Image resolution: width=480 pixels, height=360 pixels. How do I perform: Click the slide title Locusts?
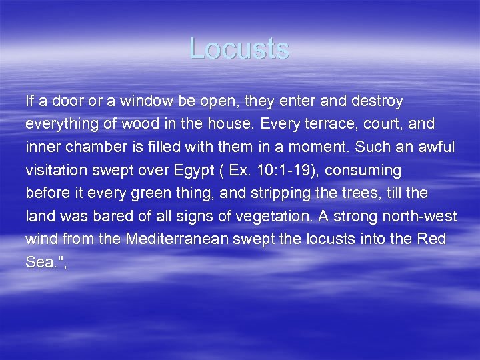pyautogui.click(x=239, y=49)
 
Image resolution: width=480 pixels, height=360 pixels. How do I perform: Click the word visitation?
pyautogui.click(x=56, y=171)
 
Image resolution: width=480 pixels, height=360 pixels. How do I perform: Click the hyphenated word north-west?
pyautogui.click(x=423, y=217)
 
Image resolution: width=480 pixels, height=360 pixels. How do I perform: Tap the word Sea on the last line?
pyautogui.click(x=39, y=263)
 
